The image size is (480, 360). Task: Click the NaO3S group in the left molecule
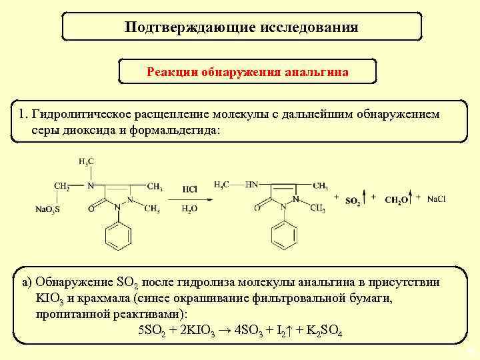[x=48, y=209]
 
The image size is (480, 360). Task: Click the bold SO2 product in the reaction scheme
[x=353, y=200]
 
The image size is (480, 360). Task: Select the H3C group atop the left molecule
[x=86, y=161]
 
